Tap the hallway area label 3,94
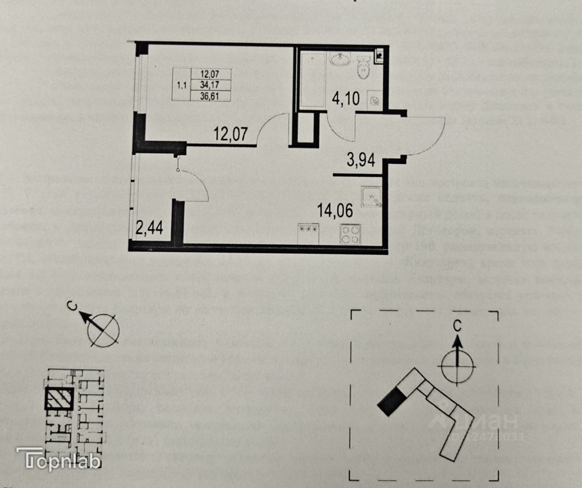pyautogui.click(x=361, y=160)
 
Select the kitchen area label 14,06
pyautogui.click(x=336, y=211)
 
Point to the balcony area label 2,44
pyautogui.click(x=150, y=227)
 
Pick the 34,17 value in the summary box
pyautogui.click(x=216, y=85)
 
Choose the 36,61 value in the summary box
pyautogui.click(x=216, y=95)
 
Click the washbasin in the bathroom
pyautogui.click(x=338, y=59)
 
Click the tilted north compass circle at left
pyautogui.click(x=103, y=329)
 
